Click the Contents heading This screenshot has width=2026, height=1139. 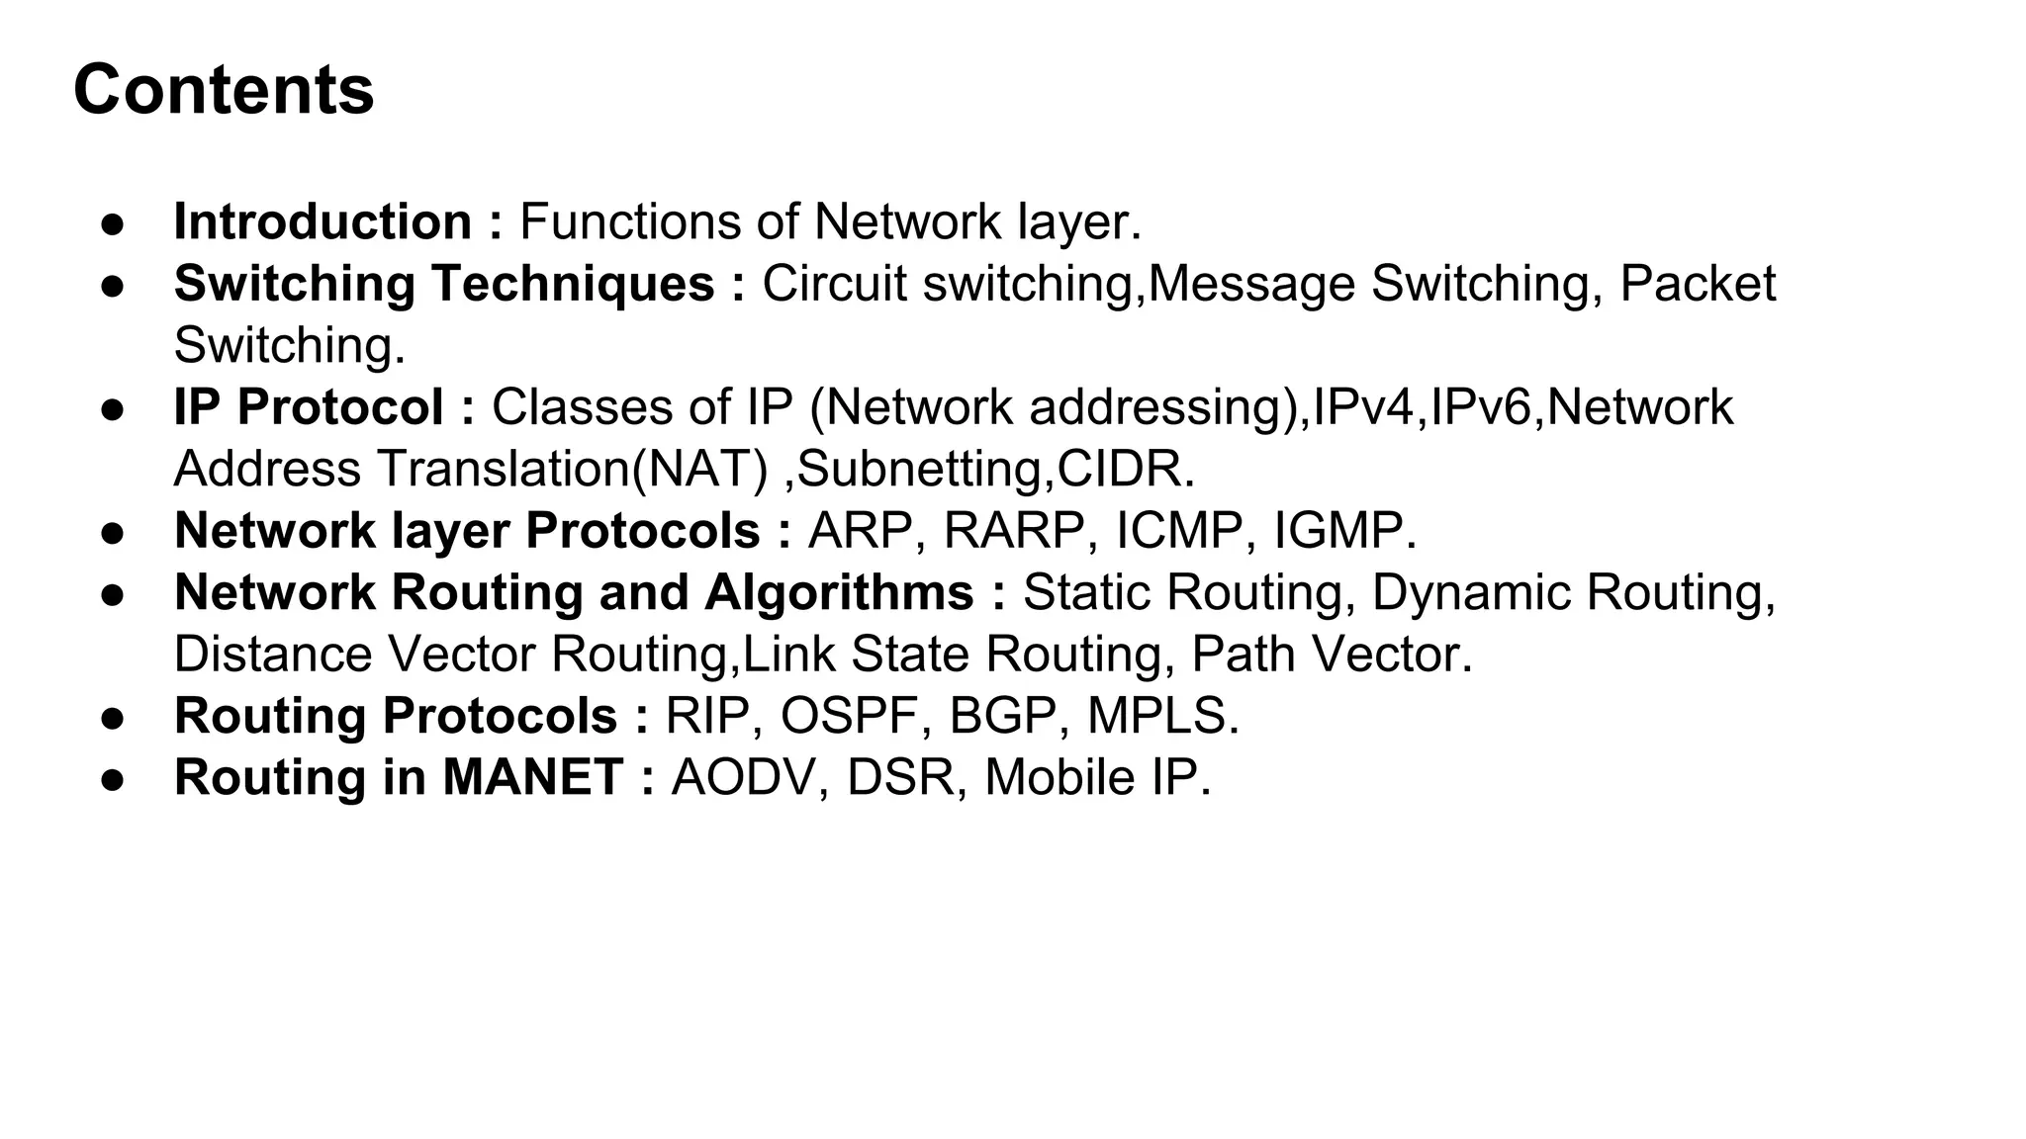coord(224,90)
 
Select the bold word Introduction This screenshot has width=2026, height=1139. coord(322,221)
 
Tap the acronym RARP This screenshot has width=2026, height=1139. coord(1014,531)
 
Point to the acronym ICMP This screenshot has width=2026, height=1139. coord(1179,531)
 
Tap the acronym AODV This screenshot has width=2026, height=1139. coord(743,777)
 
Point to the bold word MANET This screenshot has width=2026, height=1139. coord(532,777)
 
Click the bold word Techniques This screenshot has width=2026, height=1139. coord(573,284)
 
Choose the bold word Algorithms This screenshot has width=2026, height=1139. coord(839,592)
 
